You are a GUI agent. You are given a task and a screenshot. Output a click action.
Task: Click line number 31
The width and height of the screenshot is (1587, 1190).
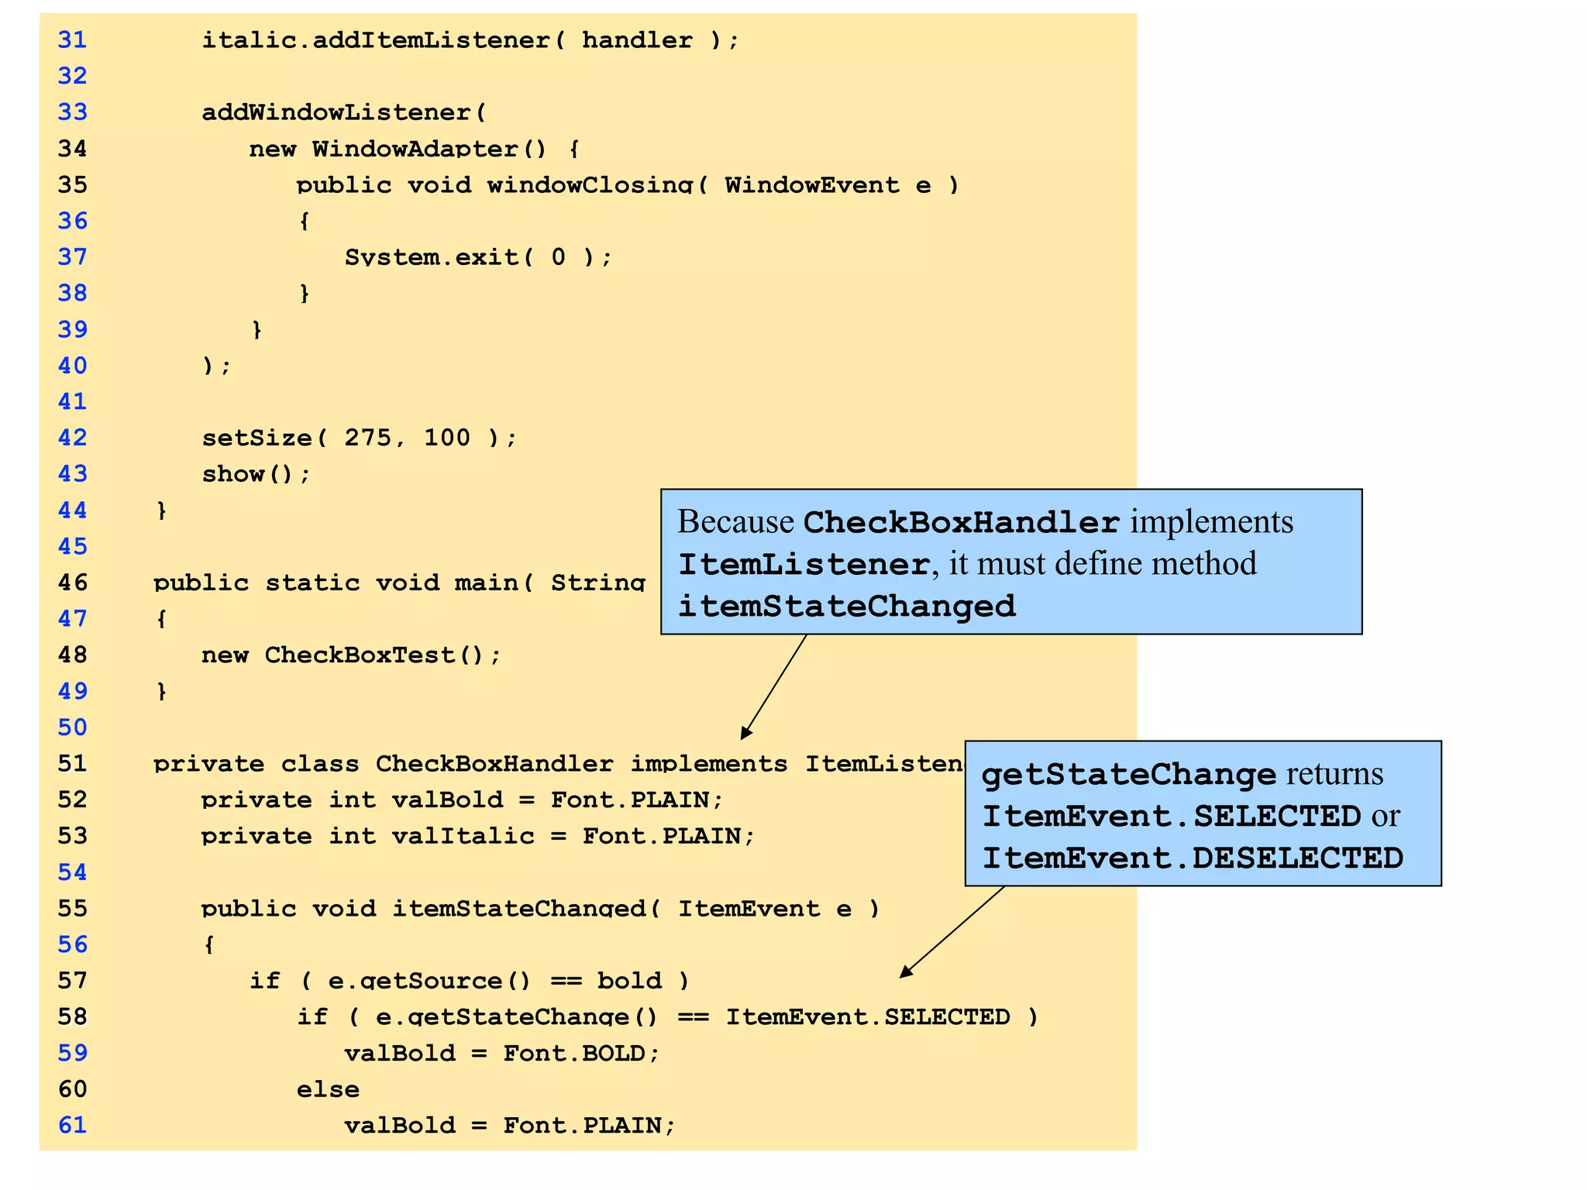click(x=72, y=40)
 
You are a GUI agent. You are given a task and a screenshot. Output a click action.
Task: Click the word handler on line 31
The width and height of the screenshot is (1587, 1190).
click(x=637, y=40)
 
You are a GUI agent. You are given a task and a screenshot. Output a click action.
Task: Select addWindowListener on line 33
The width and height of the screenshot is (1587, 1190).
click(x=336, y=112)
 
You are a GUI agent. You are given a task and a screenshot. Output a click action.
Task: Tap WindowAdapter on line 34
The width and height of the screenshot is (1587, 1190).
click(x=415, y=149)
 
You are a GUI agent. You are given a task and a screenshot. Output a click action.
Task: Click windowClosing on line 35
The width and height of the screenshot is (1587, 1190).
click(x=589, y=185)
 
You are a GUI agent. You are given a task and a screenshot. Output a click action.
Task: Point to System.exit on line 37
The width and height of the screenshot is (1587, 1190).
click(x=432, y=257)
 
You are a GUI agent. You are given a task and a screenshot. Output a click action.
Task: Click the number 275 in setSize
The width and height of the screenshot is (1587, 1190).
click(x=368, y=438)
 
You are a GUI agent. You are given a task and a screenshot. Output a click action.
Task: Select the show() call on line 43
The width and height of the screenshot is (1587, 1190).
click(x=255, y=474)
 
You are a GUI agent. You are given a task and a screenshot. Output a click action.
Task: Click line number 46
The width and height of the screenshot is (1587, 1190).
click(x=72, y=583)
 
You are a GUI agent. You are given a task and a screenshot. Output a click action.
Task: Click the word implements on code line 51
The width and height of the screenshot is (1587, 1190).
click(x=708, y=764)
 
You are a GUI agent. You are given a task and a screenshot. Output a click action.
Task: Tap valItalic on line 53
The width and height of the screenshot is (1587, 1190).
click(x=463, y=836)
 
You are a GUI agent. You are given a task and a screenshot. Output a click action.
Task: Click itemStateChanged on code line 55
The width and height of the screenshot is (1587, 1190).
click(x=518, y=909)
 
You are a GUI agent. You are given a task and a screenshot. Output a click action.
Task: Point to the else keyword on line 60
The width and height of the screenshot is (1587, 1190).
click(x=327, y=1089)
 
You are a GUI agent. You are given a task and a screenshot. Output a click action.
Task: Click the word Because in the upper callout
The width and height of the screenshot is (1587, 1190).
click(x=735, y=521)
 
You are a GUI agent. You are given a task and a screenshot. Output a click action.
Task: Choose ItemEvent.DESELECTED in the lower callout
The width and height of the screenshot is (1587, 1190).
click(x=1193, y=858)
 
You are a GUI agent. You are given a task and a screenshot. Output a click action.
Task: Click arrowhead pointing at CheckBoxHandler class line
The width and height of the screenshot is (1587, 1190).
click(x=745, y=733)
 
